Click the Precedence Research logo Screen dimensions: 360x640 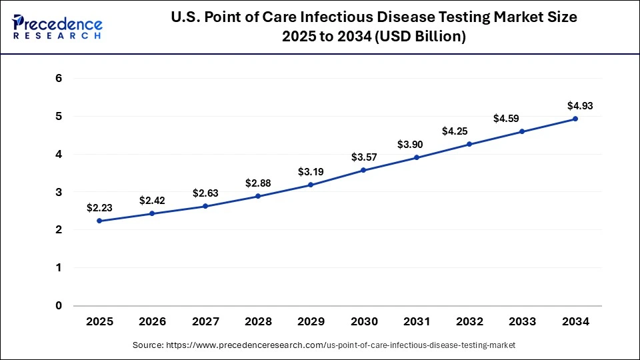coord(57,26)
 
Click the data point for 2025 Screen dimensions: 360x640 coord(99,221)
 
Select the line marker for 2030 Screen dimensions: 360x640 coord(364,170)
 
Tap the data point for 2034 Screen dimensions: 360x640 coord(575,119)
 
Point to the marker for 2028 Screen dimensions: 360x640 coord(258,196)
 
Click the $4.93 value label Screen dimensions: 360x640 coord(579,105)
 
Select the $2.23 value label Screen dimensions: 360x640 coord(99,208)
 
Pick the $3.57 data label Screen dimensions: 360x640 coord(364,157)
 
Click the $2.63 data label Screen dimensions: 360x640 coord(205,193)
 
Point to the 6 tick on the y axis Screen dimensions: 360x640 coord(59,79)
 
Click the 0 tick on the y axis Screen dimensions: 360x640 coord(59,306)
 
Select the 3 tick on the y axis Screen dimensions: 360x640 coord(59,192)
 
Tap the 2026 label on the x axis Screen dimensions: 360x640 coord(152,321)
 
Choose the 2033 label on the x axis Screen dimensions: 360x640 coord(523,321)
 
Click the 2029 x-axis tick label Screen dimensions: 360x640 coord(311,321)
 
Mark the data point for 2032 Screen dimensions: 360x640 coord(469,144)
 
